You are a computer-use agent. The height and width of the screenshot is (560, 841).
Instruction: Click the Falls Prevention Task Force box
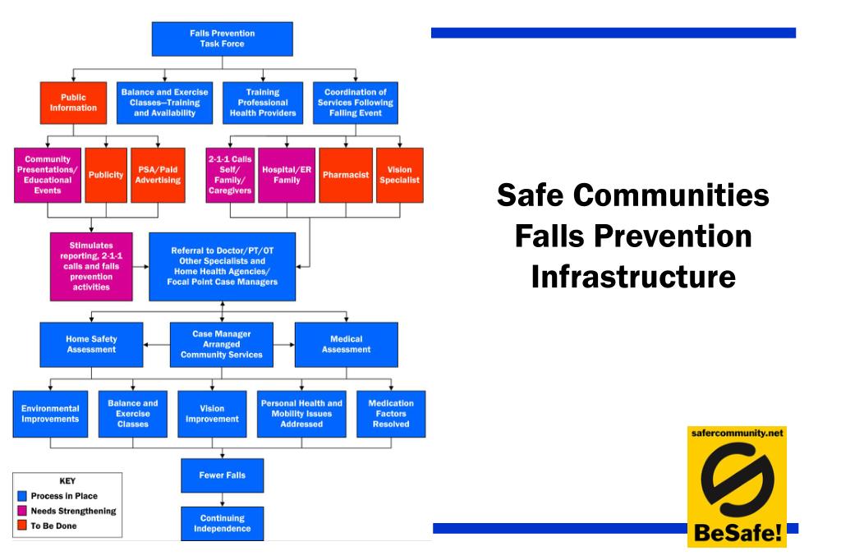click(x=222, y=39)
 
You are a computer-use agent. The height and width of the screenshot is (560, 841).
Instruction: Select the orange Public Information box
click(x=73, y=103)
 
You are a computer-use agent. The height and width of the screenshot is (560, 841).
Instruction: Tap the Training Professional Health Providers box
click(x=263, y=103)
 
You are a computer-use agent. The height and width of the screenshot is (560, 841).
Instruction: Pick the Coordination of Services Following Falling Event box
click(x=355, y=103)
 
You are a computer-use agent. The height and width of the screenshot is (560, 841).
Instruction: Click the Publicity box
click(x=106, y=175)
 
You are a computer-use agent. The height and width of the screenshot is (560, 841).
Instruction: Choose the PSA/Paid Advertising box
click(x=158, y=175)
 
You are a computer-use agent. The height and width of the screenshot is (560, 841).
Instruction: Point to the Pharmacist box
click(x=345, y=175)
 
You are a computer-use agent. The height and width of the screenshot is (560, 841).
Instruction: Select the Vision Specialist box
click(x=399, y=175)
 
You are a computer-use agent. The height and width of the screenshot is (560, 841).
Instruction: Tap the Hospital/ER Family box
click(x=287, y=175)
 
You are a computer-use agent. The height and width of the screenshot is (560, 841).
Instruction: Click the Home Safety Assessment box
click(x=91, y=344)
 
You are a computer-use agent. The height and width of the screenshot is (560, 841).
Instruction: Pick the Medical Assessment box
click(x=346, y=344)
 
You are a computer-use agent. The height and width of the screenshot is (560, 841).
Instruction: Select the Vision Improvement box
click(x=212, y=414)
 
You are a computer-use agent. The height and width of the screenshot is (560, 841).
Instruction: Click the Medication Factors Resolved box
click(x=391, y=414)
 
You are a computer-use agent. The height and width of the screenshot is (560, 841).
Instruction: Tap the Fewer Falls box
click(x=222, y=475)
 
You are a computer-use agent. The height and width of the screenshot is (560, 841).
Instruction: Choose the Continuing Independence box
click(x=222, y=523)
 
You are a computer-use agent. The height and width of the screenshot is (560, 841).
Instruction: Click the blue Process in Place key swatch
click(x=22, y=496)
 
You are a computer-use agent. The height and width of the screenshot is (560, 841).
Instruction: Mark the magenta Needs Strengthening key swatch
click(x=22, y=511)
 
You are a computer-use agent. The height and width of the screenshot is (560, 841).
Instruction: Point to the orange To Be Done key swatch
click(x=22, y=526)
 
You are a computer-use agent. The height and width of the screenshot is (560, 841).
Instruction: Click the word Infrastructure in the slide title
click(x=632, y=277)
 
